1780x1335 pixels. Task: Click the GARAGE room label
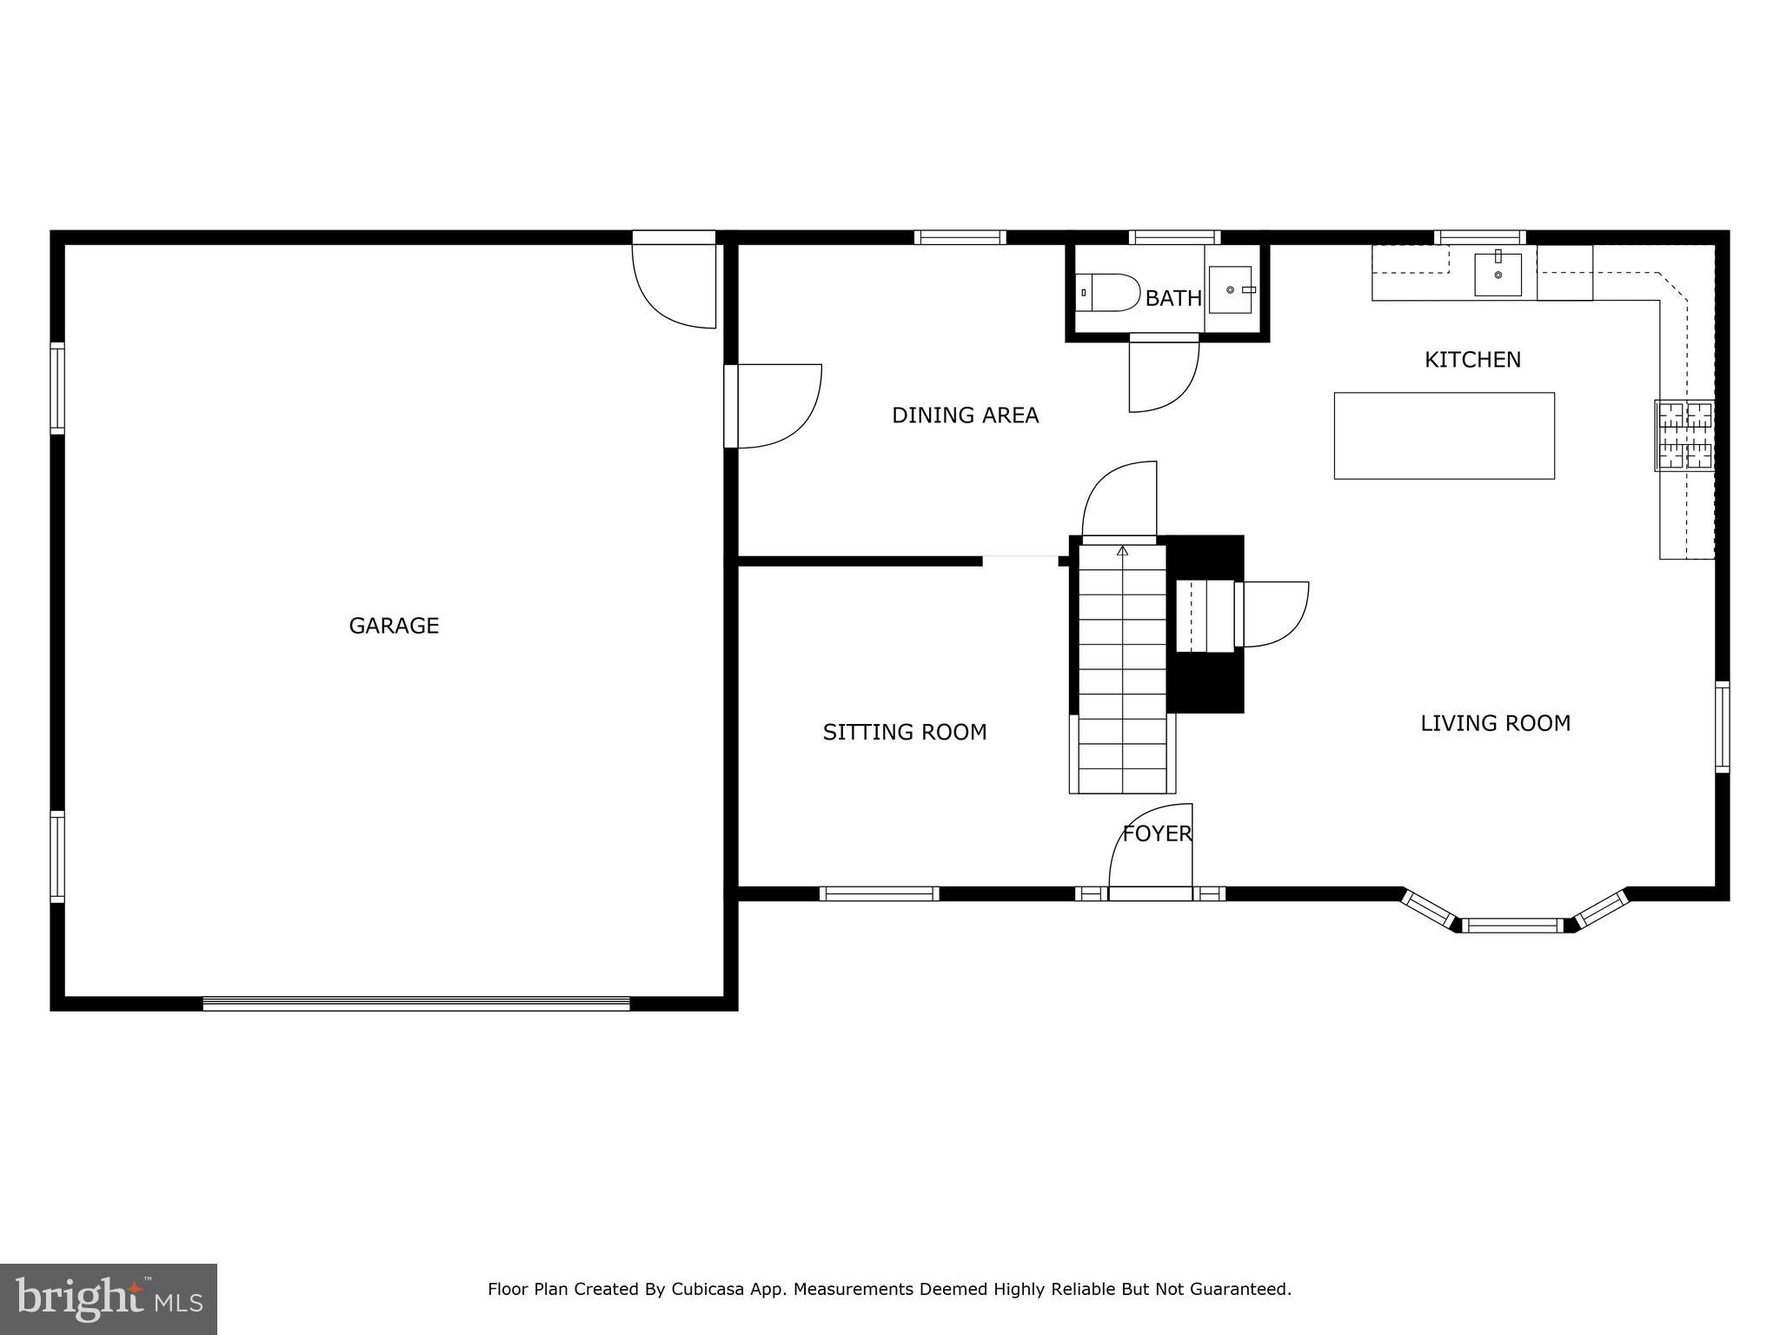(x=394, y=626)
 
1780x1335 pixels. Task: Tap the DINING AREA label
(x=965, y=415)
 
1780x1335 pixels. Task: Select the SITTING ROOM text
(x=904, y=733)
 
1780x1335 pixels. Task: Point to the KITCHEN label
(x=1472, y=360)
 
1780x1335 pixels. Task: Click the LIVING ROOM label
(x=1495, y=723)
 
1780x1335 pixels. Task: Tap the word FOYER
(x=1157, y=834)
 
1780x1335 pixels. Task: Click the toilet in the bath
(x=1107, y=293)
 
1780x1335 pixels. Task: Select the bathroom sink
(x=1230, y=289)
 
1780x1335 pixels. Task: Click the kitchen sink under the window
(x=1498, y=275)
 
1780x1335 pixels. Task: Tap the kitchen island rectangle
(x=1444, y=435)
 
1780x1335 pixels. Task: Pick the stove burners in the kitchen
(x=1684, y=435)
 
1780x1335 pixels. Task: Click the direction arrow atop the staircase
(x=1122, y=550)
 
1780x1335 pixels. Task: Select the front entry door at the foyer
(x=1150, y=893)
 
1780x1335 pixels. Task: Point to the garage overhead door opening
(x=415, y=1003)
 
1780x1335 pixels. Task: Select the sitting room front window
(x=879, y=893)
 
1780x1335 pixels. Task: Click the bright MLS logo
(x=108, y=1298)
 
